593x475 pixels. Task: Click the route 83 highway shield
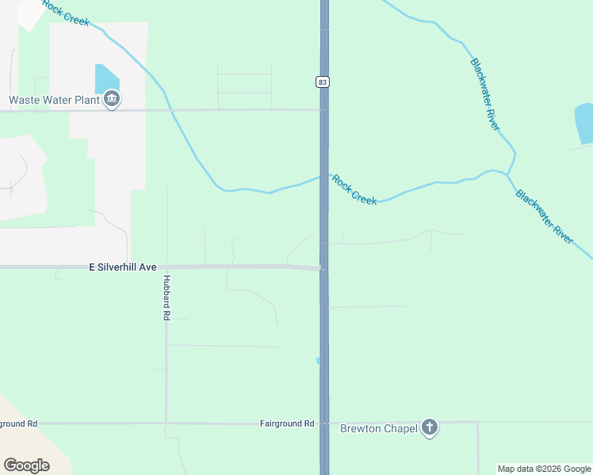pos(322,82)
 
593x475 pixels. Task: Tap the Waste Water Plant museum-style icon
pos(112,100)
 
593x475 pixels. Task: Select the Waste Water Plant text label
pos(54,100)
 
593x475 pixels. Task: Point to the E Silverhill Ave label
pos(123,268)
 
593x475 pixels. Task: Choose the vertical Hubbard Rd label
pos(166,297)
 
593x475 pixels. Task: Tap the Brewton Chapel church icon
pos(429,428)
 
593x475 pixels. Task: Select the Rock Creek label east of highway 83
pos(354,190)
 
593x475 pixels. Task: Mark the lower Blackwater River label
pos(544,215)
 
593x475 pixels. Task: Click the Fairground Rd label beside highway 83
pos(287,424)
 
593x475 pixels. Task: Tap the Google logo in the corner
pos(26,465)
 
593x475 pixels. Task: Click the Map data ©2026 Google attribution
pos(544,469)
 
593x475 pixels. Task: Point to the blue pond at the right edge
pos(584,123)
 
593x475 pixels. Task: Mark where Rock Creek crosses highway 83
pos(324,177)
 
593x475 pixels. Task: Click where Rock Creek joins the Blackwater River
pos(508,173)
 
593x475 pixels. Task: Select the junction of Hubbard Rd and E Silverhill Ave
pos(166,267)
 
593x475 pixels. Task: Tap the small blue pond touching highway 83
pos(318,360)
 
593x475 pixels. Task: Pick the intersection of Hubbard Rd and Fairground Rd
pos(166,424)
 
